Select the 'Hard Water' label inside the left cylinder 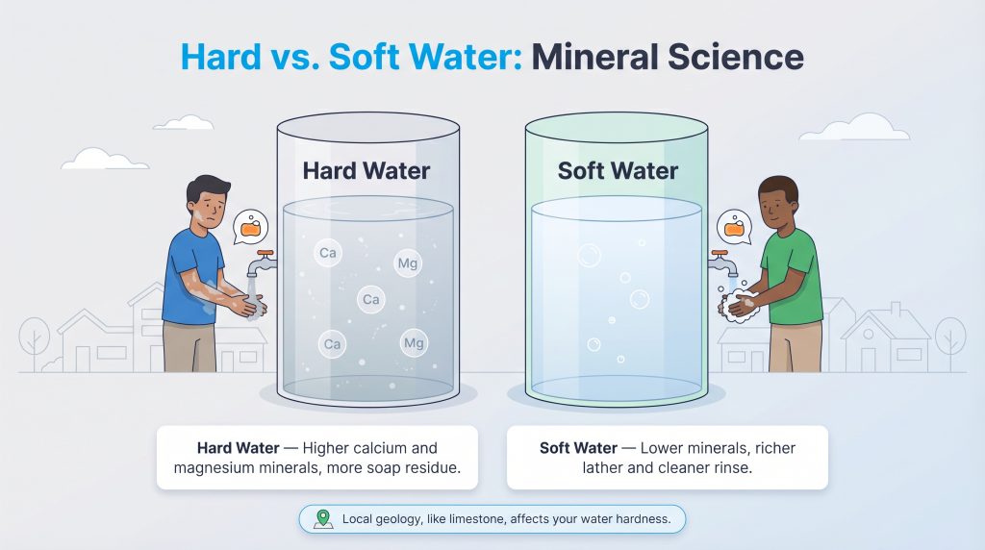click(366, 171)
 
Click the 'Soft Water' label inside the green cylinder click(618, 171)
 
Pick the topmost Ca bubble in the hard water click(328, 254)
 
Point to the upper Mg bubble click(408, 262)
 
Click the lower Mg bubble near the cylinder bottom click(414, 342)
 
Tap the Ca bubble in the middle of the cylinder click(370, 300)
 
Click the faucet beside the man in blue click(262, 261)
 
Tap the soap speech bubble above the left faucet click(251, 229)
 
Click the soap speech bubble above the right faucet click(735, 228)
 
